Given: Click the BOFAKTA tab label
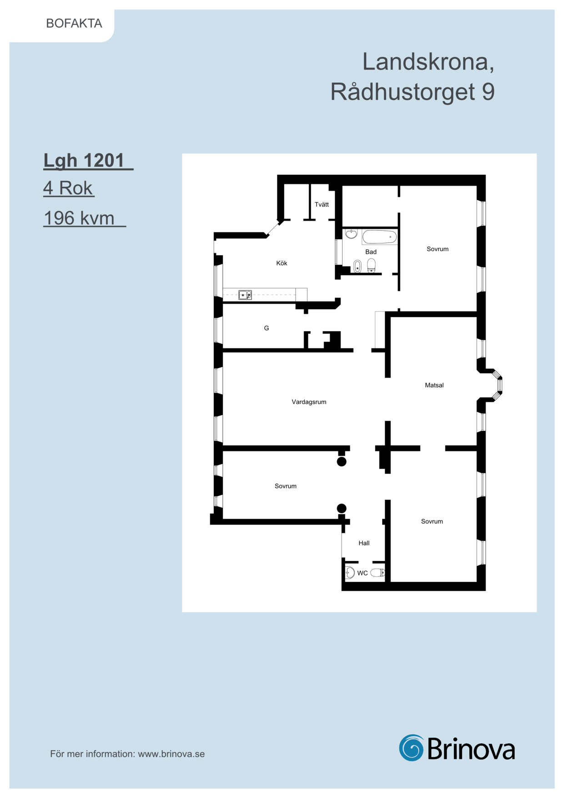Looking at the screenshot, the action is pos(74,23).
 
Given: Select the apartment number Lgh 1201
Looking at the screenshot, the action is pos(84,161).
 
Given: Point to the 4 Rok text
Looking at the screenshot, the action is pos(68,188).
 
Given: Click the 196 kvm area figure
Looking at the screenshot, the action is pos(79,218).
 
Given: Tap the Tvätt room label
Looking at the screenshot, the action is pos(322,205).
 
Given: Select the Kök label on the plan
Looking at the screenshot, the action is pos(282,263).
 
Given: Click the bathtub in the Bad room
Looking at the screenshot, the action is pos(379,237).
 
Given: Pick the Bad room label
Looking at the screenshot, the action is pos(371,252).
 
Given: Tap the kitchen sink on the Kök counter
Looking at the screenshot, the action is pos(245,295).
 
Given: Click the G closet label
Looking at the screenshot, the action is pos(267,328).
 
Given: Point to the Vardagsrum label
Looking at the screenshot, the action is pos(309,402).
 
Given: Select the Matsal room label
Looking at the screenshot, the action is pos(434,385).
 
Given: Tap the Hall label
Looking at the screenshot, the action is pos(364,543).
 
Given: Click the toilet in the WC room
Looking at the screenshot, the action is pos(378,573).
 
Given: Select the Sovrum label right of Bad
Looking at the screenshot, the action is pos(438,249).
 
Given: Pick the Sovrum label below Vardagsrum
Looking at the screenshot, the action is pos(286,486).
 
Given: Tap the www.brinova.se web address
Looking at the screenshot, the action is pos(171,754).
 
